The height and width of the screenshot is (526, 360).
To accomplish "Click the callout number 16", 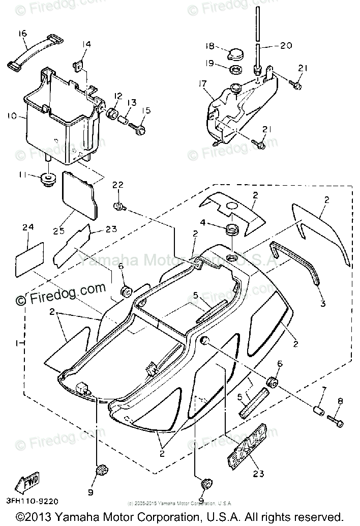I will pyautogui.click(x=23, y=34).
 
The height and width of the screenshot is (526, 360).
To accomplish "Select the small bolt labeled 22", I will pyautogui.click(x=118, y=206).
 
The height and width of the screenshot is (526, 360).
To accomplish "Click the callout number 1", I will pyautogui.click(x=18, y=343).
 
